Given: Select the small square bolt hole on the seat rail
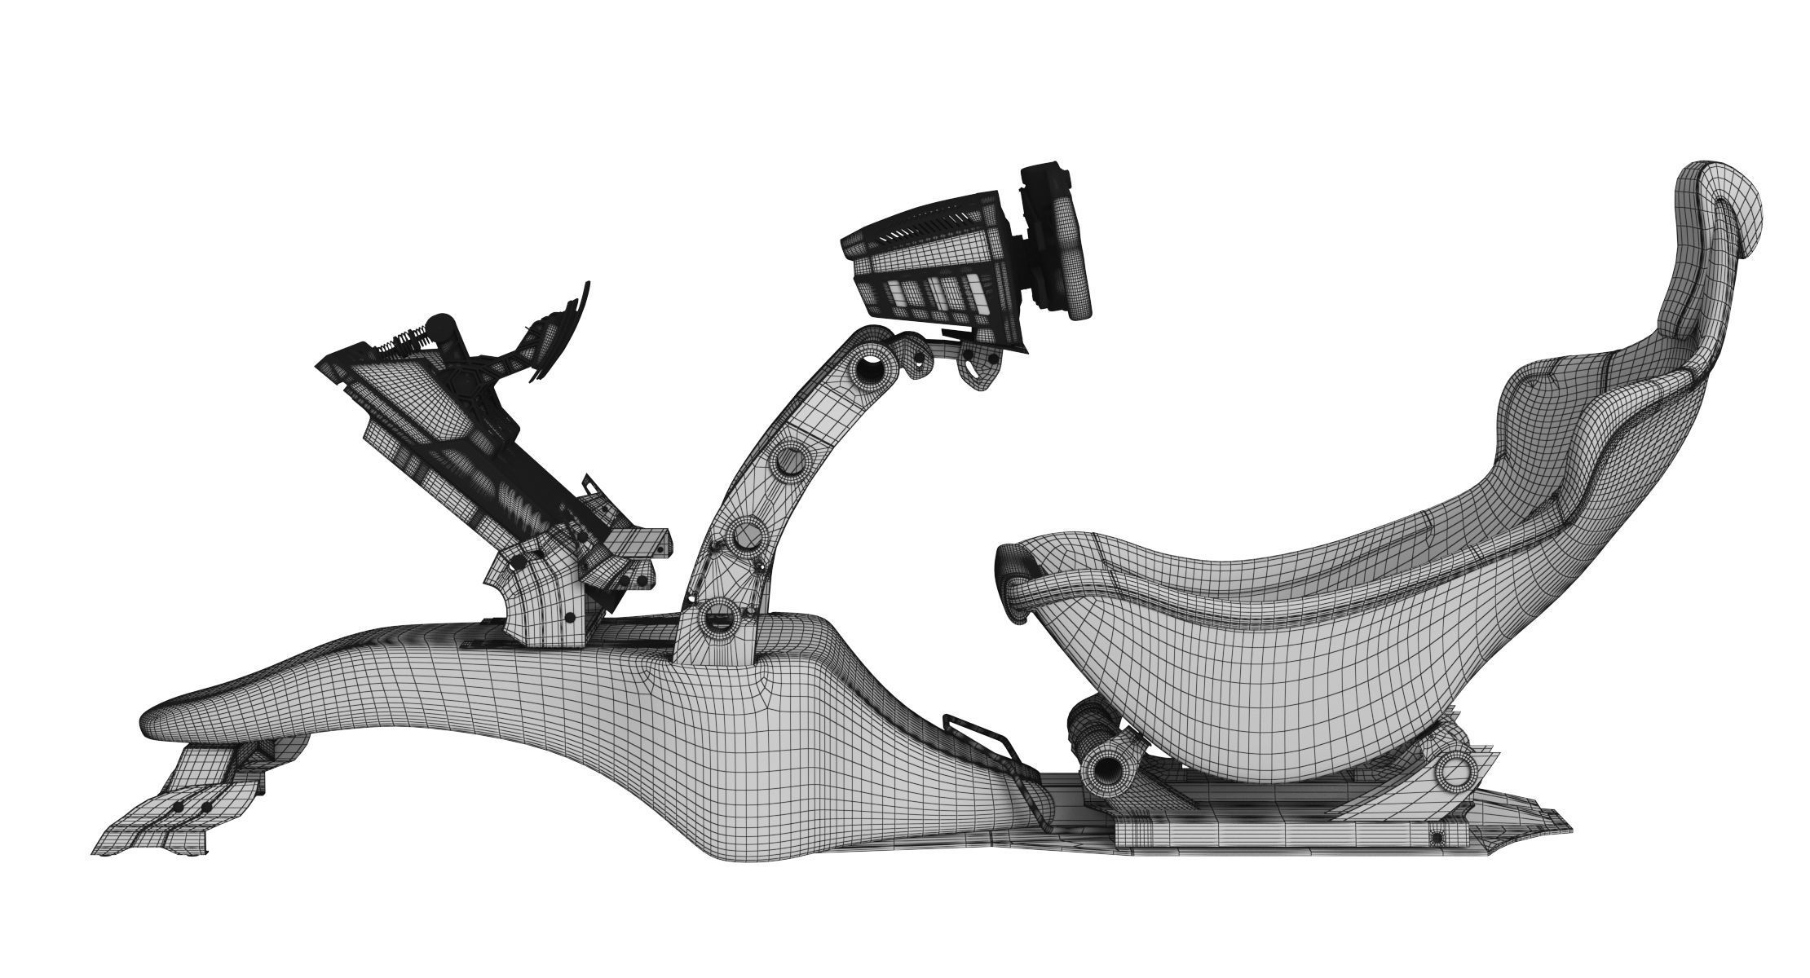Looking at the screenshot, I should [1437, 837].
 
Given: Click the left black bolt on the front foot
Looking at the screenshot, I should [178, 807].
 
